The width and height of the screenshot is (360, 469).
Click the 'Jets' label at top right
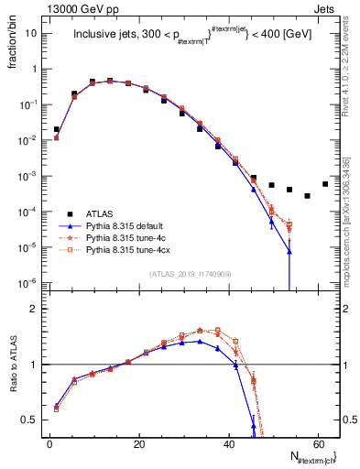(324, 7)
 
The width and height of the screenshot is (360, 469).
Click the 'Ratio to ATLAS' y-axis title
(13, 365)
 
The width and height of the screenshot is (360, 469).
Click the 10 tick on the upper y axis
(31, 33)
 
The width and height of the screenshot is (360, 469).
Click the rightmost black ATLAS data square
(325, 183)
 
